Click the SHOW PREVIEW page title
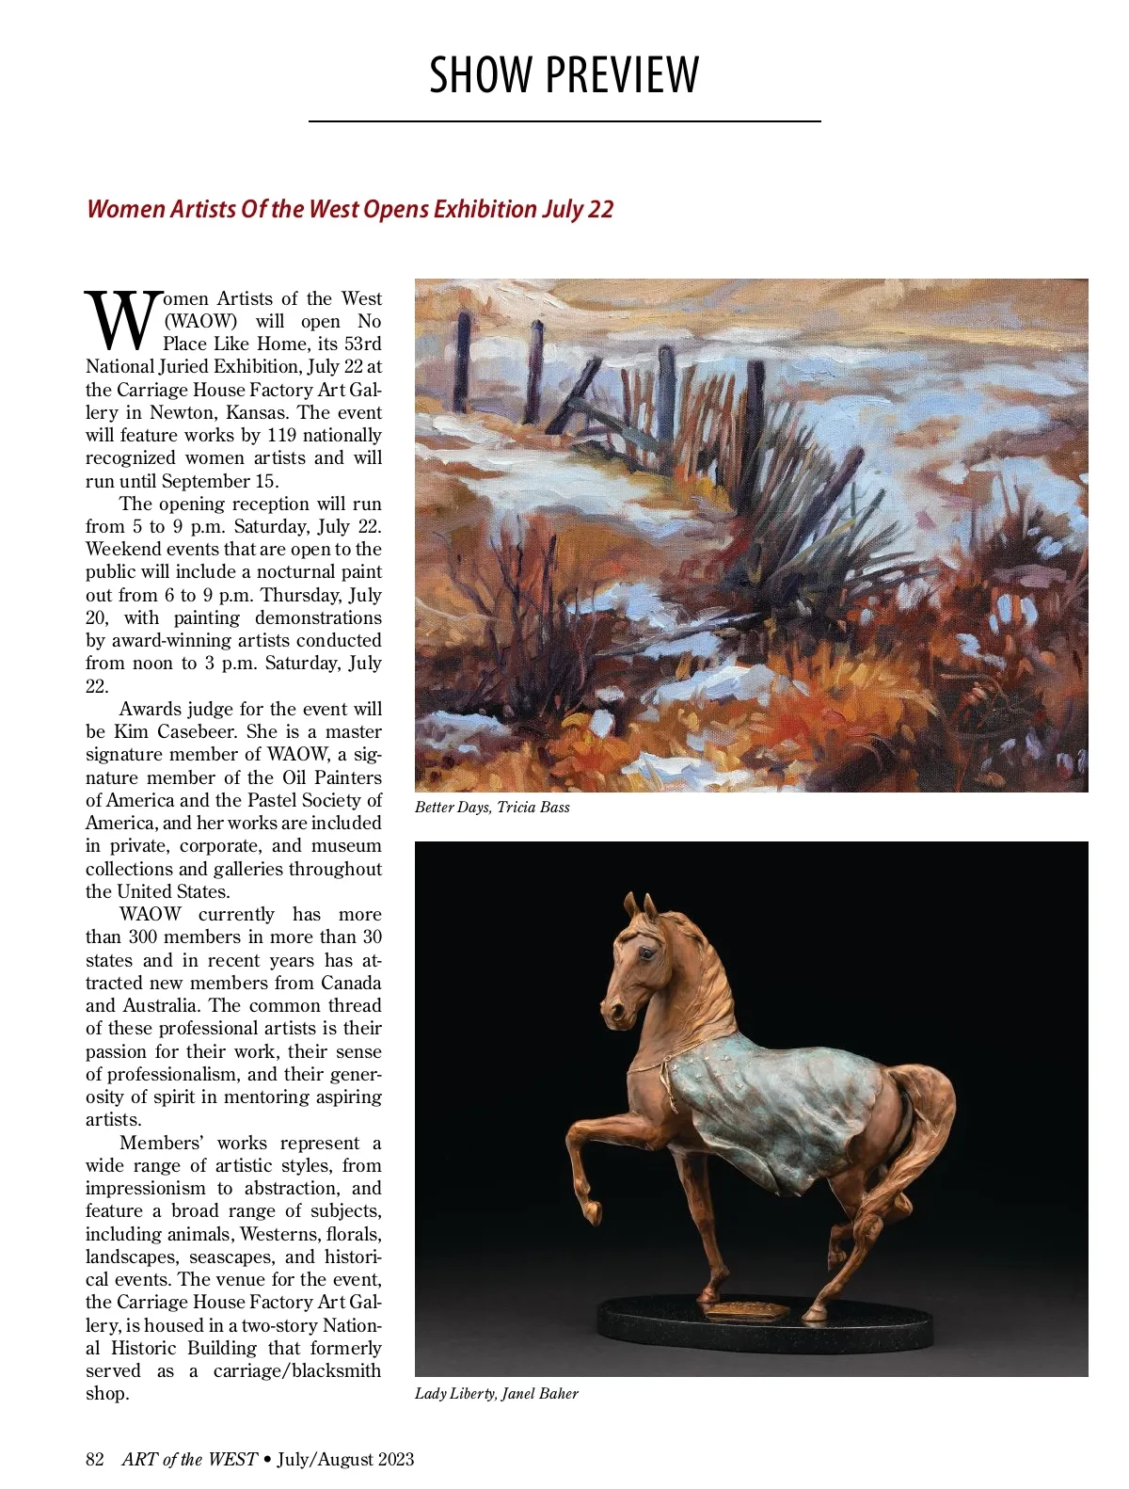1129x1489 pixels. tap(564, 75)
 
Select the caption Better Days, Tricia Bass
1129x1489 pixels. tap(492, 808)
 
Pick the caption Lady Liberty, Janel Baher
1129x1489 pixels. tap(496, 1394)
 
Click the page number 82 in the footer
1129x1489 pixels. tap(94, 1460)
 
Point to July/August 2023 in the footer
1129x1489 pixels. tap(345, 1460)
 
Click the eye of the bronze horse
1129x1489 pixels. tap(646, 953)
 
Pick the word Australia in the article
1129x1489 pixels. tap(159, 1005)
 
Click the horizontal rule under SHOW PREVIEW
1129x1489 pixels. tap(564, 121)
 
